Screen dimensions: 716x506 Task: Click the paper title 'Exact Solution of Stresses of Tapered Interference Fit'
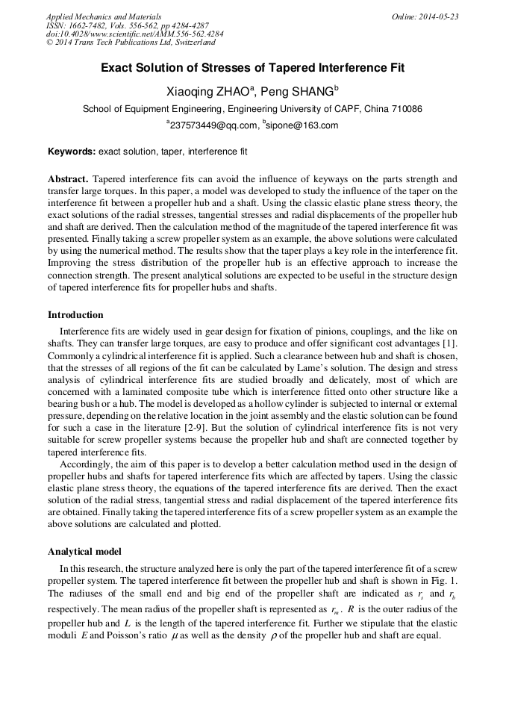pos(252,68)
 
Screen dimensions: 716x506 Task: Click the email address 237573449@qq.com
pos(213,125)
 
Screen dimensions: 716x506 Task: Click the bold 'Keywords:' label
pos(72,151)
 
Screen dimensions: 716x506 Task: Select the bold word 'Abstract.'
pos(69,179)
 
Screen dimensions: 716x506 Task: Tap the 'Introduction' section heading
pos(75,314)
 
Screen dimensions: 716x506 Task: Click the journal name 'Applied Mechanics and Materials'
pos(103,16)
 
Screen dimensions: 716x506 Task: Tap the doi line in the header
pos(134,34)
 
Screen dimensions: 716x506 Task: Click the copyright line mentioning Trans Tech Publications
pos(131,43)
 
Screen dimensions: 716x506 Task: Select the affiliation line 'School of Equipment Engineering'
pos(252,108)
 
